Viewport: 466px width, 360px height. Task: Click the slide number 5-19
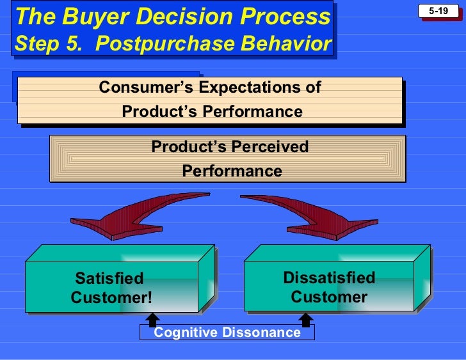click(438, 11)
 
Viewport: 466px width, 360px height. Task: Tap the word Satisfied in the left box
click(109, 279)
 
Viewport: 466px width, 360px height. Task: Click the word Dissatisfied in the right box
click(329, 278)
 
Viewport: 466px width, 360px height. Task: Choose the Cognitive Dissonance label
click(227, 333)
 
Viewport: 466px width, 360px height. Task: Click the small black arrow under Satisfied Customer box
click(152, 318)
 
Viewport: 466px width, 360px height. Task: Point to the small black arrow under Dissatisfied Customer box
click(306, 318)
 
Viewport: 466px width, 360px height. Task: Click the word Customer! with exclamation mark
click(111, 298)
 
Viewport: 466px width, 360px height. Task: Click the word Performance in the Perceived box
click(232, 171)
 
